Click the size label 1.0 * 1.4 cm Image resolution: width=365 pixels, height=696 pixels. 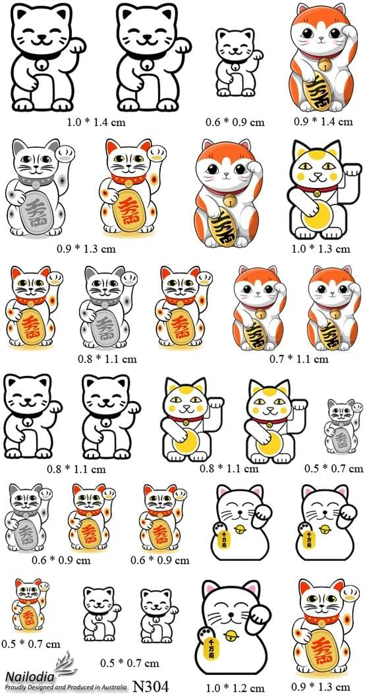(x=96, y=122)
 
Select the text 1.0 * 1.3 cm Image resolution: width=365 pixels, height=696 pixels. (x=321, y=249)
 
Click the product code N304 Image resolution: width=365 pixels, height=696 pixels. (x=151, y=686)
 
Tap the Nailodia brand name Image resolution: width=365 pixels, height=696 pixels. (x=30, y=676)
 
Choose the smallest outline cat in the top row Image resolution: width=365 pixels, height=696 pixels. (x=235, y=62)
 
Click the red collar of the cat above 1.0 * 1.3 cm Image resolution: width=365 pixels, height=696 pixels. (x=317, y=188)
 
